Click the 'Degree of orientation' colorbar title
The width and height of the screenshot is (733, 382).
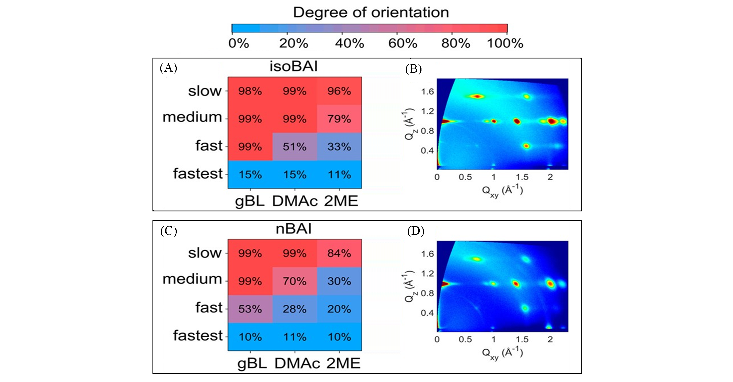click(371, 13)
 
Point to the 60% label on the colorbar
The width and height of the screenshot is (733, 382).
click(403, 43)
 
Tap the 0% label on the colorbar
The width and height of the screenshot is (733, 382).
click(238, 43)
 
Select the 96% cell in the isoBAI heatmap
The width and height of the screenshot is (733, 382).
click(339, 91)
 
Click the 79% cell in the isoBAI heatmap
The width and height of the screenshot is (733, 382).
click(339, 119)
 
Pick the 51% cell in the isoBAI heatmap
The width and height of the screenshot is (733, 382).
click(295, 147)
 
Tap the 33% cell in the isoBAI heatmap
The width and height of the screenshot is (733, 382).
click(339, 147)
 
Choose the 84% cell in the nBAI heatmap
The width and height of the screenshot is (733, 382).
click(339, 253)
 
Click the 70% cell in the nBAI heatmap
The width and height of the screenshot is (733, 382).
click(295, 281)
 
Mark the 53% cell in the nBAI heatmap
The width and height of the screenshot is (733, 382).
click(250, 309)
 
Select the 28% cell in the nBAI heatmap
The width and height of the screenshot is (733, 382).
click(295, 309)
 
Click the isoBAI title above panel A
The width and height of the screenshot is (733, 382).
click(294, 66)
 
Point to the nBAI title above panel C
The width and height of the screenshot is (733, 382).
click(294, 229)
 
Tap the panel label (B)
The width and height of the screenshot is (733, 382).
click(413, 69)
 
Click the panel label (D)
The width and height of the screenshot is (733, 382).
click(415, 231)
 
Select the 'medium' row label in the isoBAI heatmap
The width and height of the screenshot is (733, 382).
click(192, 117)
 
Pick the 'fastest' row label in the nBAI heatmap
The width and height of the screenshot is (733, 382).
click(198, 335)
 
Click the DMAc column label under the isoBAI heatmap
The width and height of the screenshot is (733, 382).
click(295, 201)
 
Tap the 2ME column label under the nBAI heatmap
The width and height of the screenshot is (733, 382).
click(343, 363)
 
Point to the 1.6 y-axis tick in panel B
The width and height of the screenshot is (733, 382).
click(427, 92)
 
